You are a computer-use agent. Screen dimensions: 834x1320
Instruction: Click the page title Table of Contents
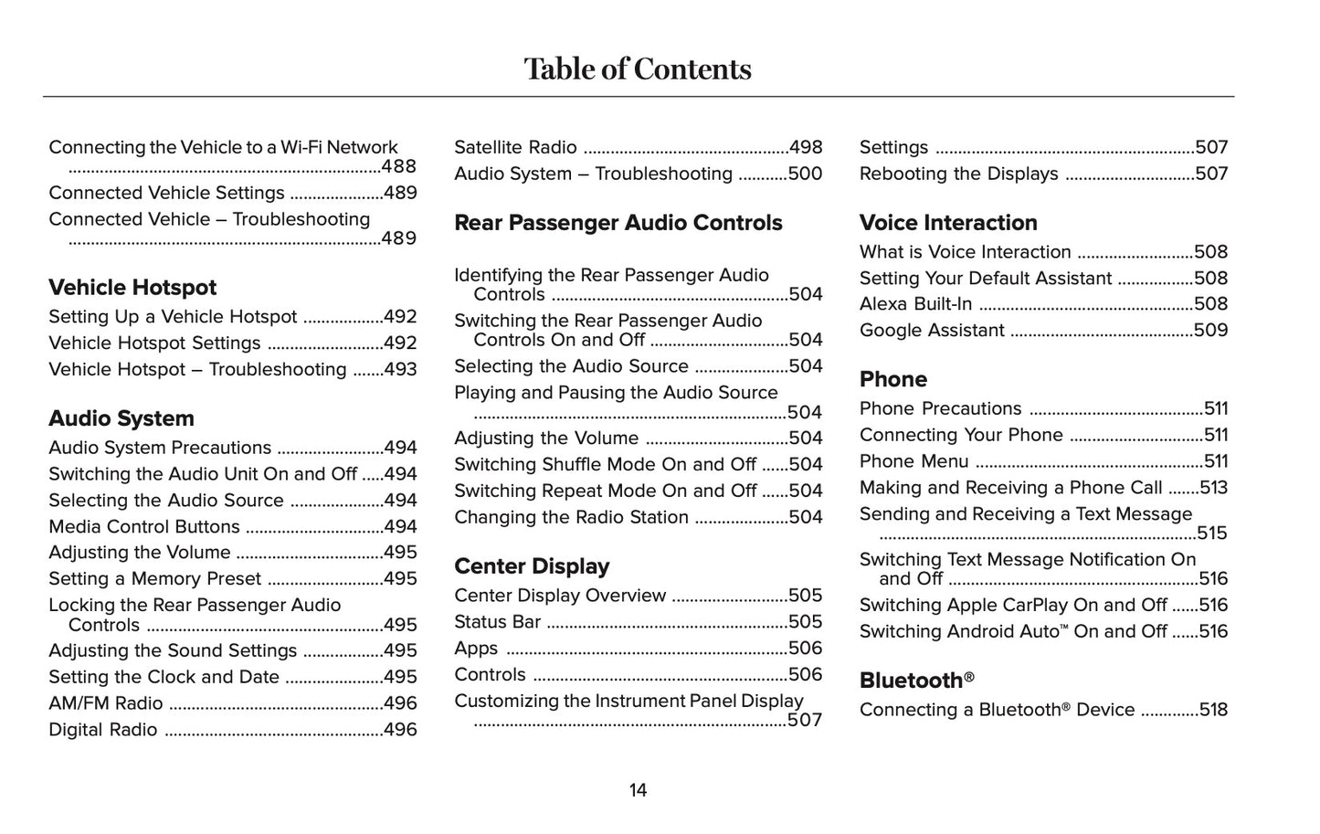(x=638, y=69)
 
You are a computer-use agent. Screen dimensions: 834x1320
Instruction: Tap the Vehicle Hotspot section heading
(x=132, y=288)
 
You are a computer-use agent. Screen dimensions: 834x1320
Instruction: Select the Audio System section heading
(x=121, y=418)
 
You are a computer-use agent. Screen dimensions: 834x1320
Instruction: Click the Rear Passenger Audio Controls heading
(x=618, y=223)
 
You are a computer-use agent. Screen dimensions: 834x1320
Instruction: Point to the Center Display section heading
(x=532, y=566)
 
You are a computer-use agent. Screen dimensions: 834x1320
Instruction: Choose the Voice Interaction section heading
(x=948, y=223)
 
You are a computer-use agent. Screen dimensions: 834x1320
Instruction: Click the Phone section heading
(x=893, y=379)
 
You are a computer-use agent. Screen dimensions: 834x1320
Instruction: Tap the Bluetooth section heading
(x=916, y=681)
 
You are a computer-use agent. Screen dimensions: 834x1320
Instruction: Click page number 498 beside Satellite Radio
(x=806, y=148)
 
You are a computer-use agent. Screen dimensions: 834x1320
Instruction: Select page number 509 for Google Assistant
(x=1211, y=331)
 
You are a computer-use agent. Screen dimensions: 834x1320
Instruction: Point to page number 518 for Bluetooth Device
(x=1213, y=710)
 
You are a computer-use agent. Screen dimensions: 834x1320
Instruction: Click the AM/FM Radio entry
(x=106, y=703)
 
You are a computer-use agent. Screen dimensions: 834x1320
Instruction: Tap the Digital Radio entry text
(x=103, y=730)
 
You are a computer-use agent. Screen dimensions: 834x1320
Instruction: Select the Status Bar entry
(x=498, y=622)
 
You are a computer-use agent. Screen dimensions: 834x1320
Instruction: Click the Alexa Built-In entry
(x=916, y=304)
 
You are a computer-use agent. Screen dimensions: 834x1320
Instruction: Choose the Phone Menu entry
(x=914, y=461)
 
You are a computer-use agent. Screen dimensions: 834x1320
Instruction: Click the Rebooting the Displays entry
(x=959, y=174)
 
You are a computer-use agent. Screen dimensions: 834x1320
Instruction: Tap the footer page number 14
(x=638, y=790)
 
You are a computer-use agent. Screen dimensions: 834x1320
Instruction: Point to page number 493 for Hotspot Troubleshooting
(x=400, y=370)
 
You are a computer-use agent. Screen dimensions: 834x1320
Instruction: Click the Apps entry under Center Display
(x=477, y=649)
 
